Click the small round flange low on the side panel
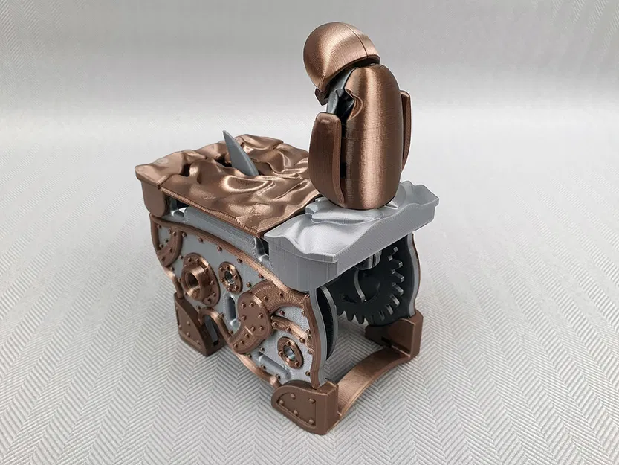[290, 350]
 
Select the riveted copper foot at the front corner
[301, 405]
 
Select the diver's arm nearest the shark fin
[325, 149]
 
